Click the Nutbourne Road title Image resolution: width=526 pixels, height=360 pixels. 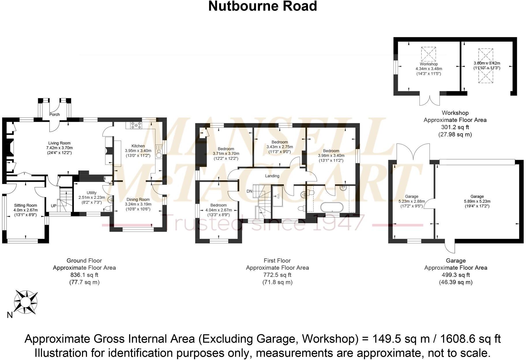click(x=262, y=6)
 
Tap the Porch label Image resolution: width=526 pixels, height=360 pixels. click(x=54, y=115)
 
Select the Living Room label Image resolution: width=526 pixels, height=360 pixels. click(x=59, y=143)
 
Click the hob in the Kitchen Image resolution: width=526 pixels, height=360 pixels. click(x=136, y=125)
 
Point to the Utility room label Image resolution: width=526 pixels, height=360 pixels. click(x=92, y=193)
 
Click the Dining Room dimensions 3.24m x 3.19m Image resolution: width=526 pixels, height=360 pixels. click(x=138, y=204)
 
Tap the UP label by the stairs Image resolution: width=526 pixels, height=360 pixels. click(x=54, y=206)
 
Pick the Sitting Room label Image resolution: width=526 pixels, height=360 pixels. click(x=25, y=205)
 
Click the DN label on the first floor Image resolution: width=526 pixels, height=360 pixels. click(x=249, y=191)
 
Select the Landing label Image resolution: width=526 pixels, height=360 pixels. click(x=272, y=176)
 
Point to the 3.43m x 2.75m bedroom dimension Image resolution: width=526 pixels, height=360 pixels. click(x=279, y=147)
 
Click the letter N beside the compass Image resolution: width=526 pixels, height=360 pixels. click(x=10, y=315)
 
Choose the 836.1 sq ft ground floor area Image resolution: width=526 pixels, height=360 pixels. click(x=84, y=275)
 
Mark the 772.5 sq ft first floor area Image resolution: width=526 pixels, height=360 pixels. click(x=277, y=275)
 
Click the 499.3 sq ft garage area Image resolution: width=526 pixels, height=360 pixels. click(x=456, y=275)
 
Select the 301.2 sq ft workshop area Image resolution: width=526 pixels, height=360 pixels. click(x=455, y=127)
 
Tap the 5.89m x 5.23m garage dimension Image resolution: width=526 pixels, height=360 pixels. click(x=477, y=201)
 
